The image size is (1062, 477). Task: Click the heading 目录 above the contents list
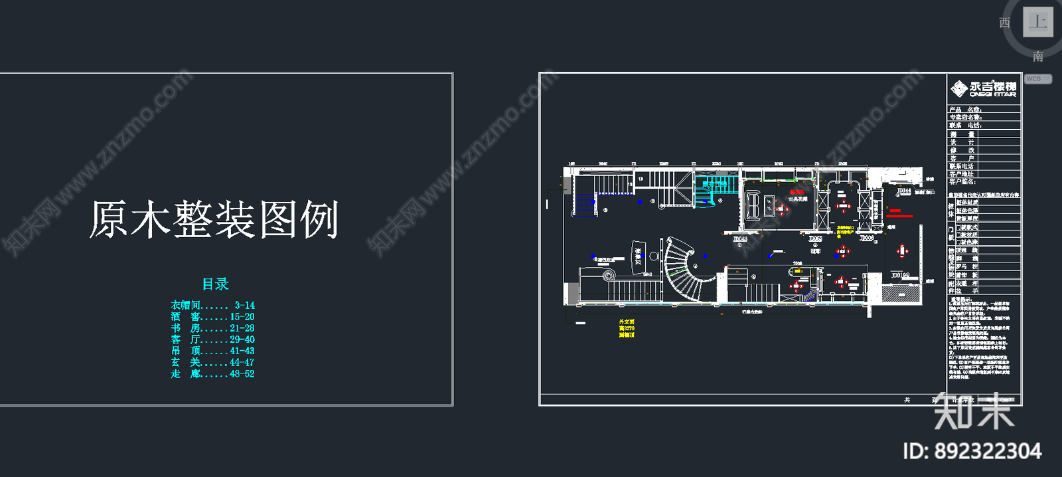(216, 284)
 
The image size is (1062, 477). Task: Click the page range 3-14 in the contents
(244, 306)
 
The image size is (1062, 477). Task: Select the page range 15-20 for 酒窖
(242, 317)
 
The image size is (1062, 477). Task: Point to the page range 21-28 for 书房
(242, 328)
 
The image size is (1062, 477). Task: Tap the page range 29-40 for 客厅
(242, 339)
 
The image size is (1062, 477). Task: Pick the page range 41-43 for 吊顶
(242, 351)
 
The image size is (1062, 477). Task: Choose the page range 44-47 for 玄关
(242, 363)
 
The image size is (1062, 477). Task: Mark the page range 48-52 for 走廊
(242, 374)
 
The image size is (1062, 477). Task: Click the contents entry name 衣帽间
(185, 306)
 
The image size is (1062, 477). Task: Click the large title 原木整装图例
(214, 220)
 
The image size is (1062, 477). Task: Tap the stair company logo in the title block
(983, 89)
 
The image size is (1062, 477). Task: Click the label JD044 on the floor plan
(904, 191)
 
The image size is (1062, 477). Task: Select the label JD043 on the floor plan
(740, 239)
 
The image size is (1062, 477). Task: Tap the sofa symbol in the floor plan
(753, 205)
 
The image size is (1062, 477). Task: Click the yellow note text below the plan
(627, 328)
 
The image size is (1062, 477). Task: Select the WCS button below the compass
(1037, 79)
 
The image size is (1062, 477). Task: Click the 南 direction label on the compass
(1038, 57)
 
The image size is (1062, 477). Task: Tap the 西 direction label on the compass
(1005, 23)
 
